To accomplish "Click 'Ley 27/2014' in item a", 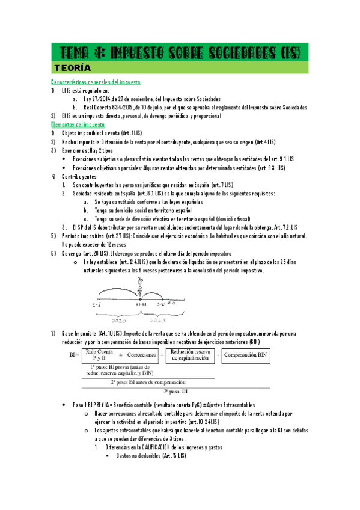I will (103, 99).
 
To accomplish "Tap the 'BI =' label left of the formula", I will (75, 355).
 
